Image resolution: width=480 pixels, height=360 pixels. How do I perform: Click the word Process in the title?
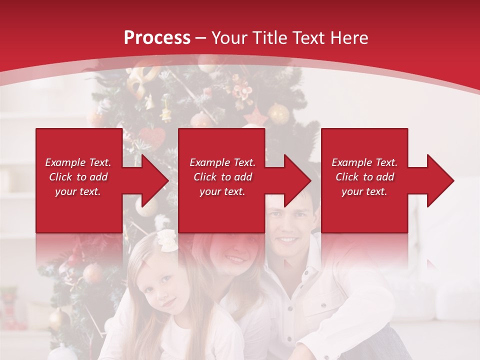click(x=157, y=38)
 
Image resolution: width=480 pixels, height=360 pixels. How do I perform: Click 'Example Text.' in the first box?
click(x=78, y=162)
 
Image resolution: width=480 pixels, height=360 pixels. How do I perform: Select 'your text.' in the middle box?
click(x=222, y=191)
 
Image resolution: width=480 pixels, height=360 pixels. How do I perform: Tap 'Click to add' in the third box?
click(x=364, y=177)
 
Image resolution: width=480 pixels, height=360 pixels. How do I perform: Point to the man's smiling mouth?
click(x=287, y=240)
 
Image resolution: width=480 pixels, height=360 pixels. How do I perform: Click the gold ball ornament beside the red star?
click(x=278, y=114)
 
